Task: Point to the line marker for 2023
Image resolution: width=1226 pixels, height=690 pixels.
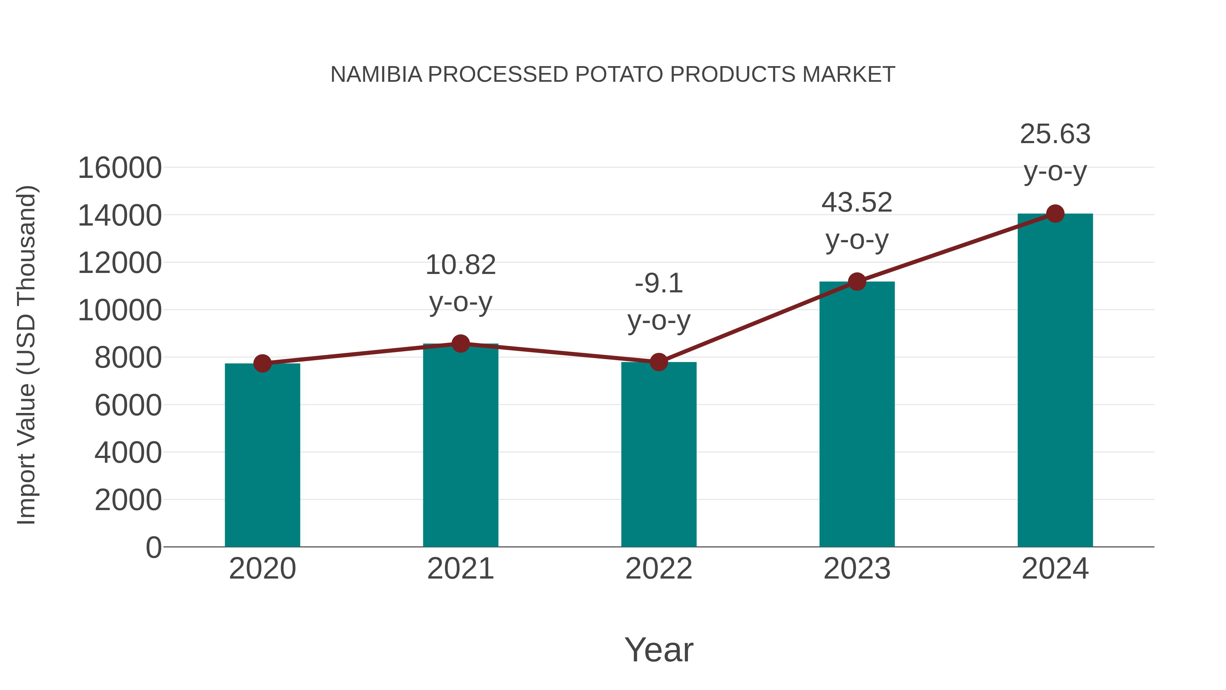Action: (x=857, y=281)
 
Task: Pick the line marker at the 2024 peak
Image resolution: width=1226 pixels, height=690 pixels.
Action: (x=1055, y=214)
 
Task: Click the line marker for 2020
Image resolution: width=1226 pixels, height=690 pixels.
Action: (x=262, y=363)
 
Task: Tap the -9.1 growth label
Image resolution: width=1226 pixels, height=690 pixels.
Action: (x=659, y=283)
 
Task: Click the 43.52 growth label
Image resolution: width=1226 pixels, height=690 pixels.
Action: (x=857, y=202)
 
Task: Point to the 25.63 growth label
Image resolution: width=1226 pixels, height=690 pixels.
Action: (x=1055, y=134)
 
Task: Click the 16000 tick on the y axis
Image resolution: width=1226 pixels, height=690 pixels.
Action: (x=120, y=168)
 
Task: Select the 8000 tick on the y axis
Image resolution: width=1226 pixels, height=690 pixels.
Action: (x=128, y=358)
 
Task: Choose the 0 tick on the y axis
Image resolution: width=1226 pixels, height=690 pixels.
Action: (x=154, y=547)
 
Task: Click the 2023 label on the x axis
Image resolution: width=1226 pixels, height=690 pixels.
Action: (x=857, y=569)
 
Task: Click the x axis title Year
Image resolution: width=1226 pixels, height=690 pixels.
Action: (x=659, y=649)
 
